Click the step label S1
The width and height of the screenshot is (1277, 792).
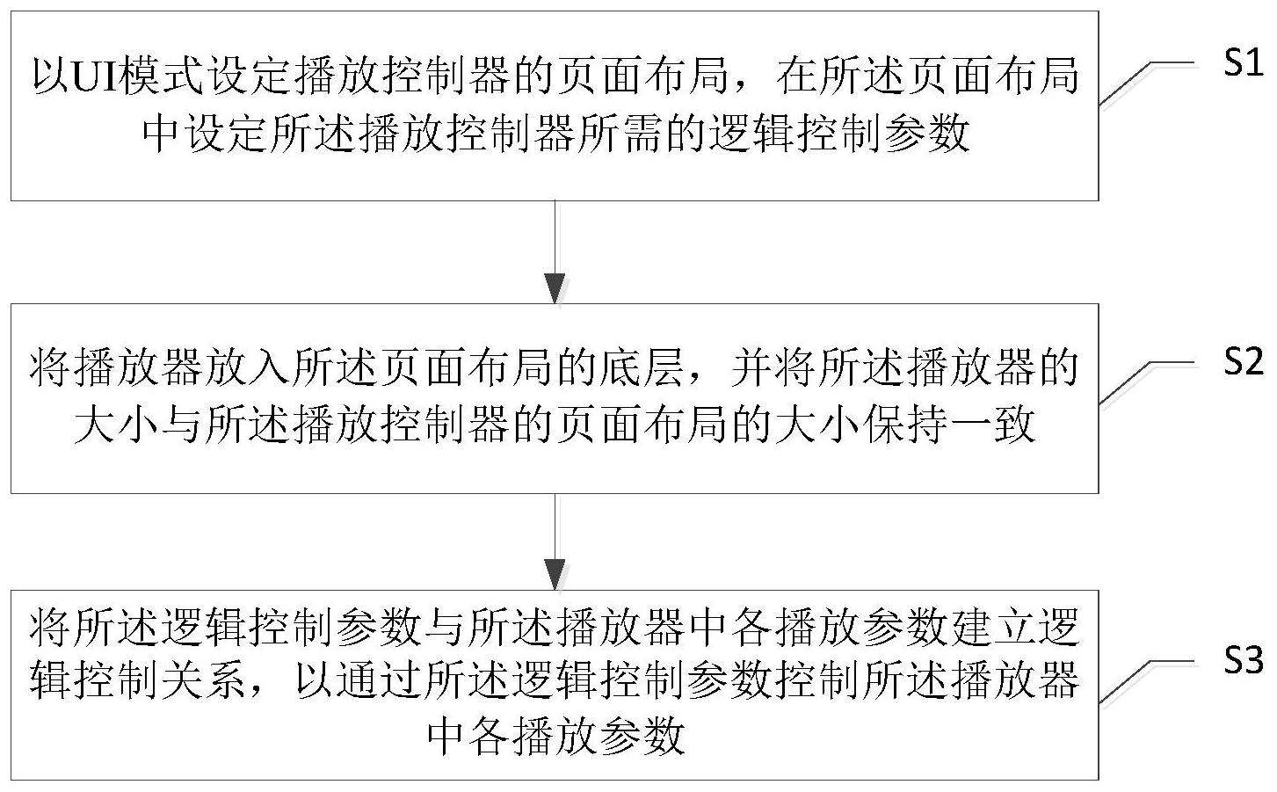1243,62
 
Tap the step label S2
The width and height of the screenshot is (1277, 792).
1243,361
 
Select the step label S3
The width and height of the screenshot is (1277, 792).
1243,661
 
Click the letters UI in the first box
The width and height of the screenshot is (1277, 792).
96,76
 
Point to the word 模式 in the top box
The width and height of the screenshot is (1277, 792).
162,76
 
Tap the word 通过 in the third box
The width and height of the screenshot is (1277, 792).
377,681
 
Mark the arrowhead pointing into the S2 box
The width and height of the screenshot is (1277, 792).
555,288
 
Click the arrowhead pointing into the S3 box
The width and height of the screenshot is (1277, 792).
555,575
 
